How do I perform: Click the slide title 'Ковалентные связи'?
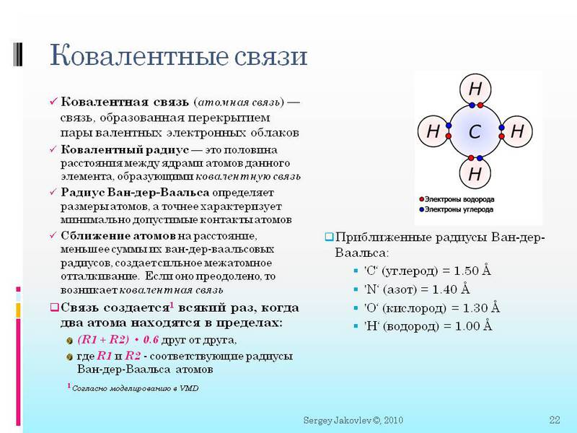point(178,56)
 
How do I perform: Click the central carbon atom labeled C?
point(475,132)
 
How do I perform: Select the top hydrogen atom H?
point(475,89)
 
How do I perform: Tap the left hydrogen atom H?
point(433,132)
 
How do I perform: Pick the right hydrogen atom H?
point(516,132)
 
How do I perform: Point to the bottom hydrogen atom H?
point(475,174)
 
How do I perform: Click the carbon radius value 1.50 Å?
point(471,271)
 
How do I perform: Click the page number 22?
point(555,420)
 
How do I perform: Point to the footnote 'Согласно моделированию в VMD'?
point(135,388)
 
